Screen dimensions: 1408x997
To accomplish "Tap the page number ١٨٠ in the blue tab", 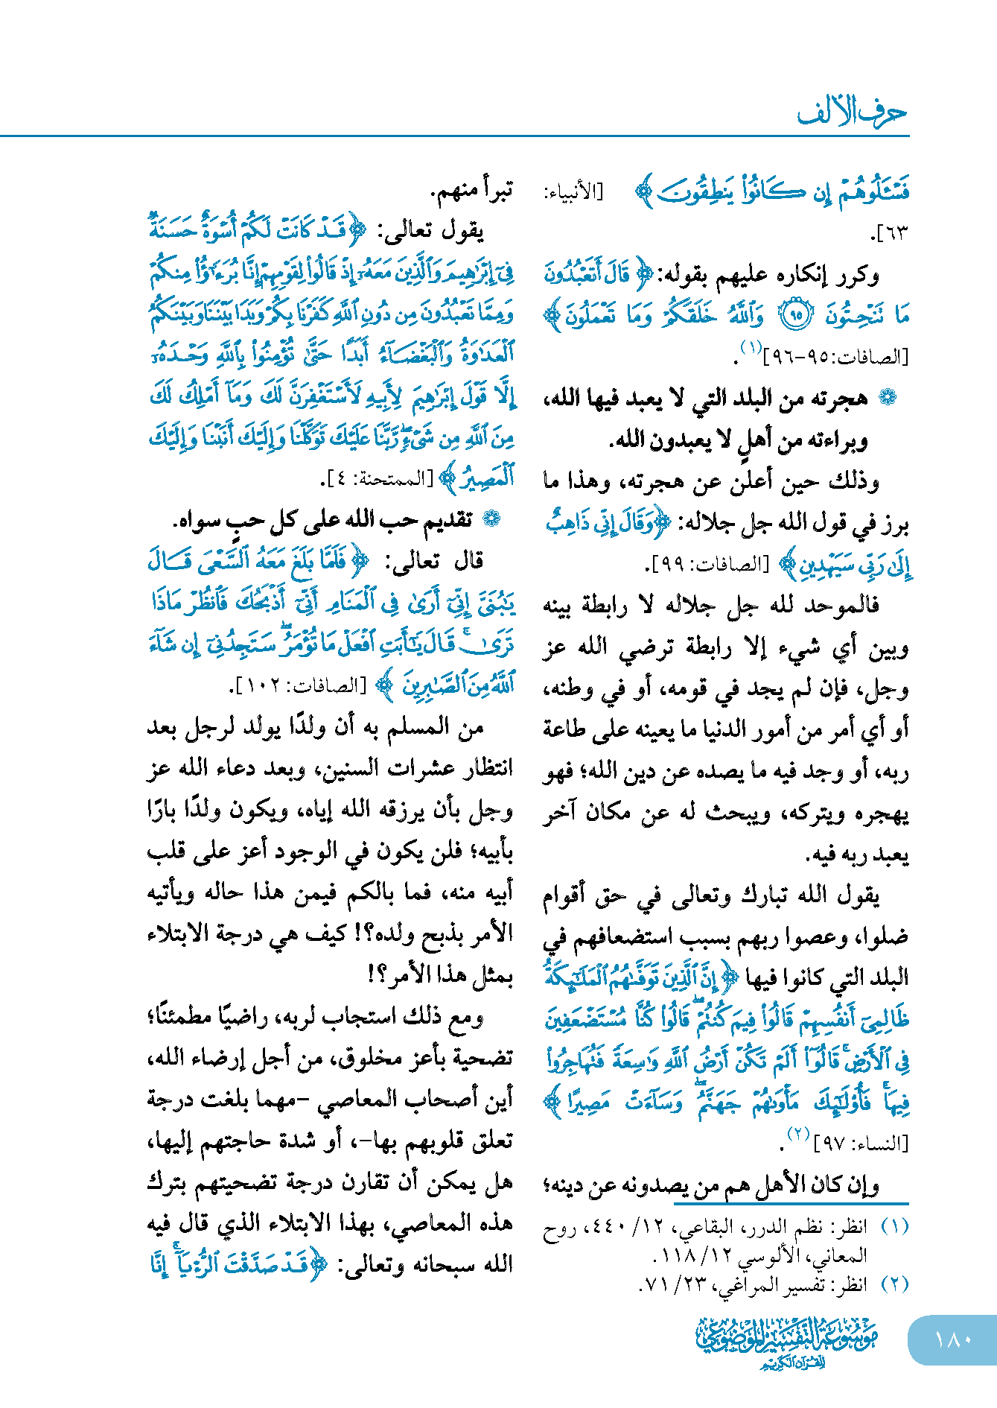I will (x=952, y=1339).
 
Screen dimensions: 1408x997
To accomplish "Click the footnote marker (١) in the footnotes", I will (x=894, y=1226).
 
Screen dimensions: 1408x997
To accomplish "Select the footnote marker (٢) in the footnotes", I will (x=894, y=1284).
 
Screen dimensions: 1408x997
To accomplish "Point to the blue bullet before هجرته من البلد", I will (x=887, y=398).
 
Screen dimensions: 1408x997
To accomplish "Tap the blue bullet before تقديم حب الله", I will (x=491, y=519).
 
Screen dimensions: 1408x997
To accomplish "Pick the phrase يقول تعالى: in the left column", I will (x=433, y=232).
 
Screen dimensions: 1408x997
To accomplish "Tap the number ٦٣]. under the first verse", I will (x=890, y=233).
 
